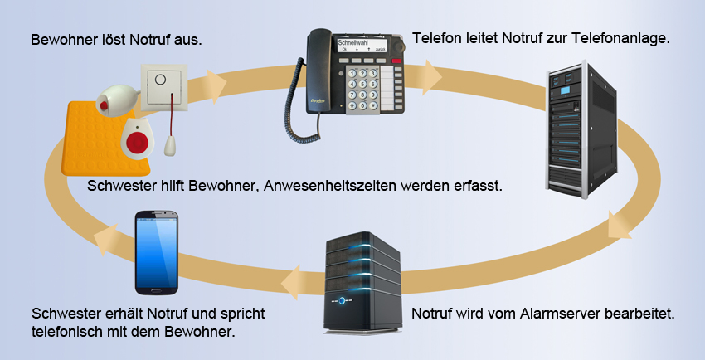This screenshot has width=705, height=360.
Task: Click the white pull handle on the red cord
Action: [173, 146]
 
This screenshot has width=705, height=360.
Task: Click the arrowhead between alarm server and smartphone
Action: [291, 282]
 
